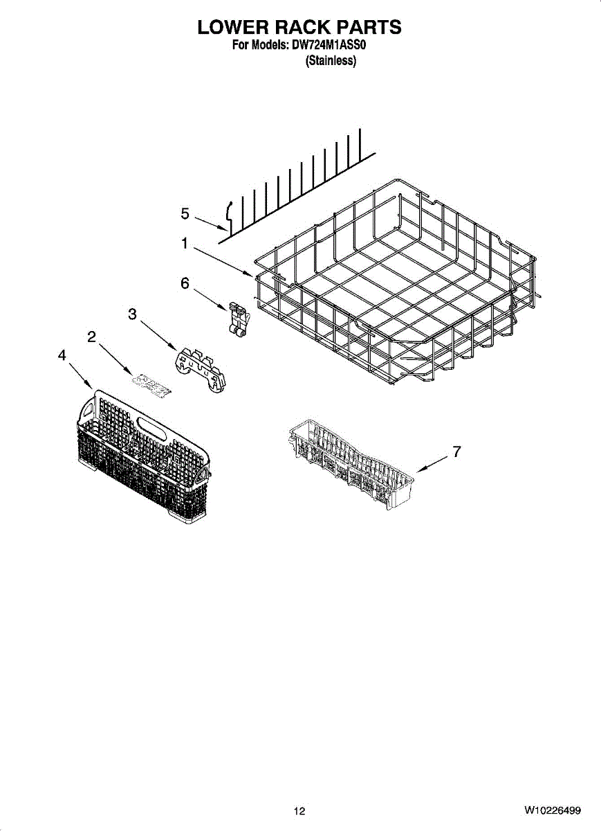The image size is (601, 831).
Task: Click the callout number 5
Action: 185,214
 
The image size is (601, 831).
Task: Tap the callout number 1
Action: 185,243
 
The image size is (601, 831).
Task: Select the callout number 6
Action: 185,283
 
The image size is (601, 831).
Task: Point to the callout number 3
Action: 132,314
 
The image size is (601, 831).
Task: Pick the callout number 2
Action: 91,337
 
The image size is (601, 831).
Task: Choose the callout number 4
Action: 62,355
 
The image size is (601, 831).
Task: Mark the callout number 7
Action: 457,452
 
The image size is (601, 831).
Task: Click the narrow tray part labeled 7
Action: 351,465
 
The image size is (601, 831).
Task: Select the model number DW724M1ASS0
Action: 329,45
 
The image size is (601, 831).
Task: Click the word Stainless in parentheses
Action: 331,61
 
